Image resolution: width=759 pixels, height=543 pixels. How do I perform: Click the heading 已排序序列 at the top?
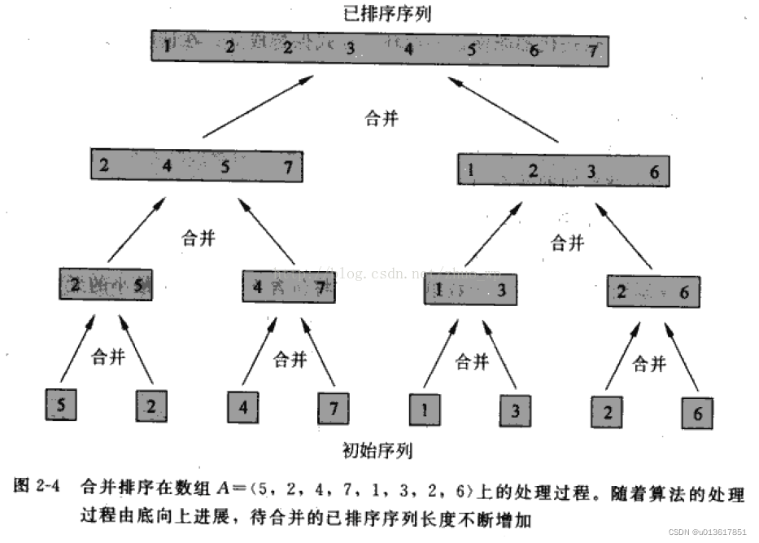[x=381, y=14]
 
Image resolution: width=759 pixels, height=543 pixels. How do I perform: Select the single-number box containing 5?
[x=63, y=403]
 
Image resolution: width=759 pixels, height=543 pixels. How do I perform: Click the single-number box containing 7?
[x=334, y=408]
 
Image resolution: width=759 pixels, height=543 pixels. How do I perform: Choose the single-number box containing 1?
[x=425, y=409]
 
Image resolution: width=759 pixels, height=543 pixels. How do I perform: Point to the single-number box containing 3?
[x=516, y=410]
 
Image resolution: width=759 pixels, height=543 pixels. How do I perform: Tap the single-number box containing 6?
[x=697, y=413]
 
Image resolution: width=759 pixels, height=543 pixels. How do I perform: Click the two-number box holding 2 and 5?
[x=106, y=285]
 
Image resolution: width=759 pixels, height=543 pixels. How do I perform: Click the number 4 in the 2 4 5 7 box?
[x=168, y=167]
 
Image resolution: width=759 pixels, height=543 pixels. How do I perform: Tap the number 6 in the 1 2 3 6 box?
[x=654, y=172]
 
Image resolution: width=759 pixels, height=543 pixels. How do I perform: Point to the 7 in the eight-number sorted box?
[x=593, y=50]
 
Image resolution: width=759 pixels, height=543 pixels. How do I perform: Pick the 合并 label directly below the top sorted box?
[x=381, y=119]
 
